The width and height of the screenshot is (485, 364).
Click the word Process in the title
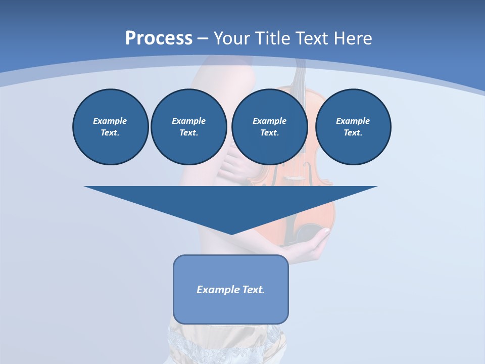coord(159,38)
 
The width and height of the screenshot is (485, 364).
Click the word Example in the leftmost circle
coord(110,121)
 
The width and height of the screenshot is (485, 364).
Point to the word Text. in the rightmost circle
coord(353,132)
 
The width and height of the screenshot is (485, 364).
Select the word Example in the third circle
coord(269,121)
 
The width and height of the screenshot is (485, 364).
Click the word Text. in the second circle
coord(188,132)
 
